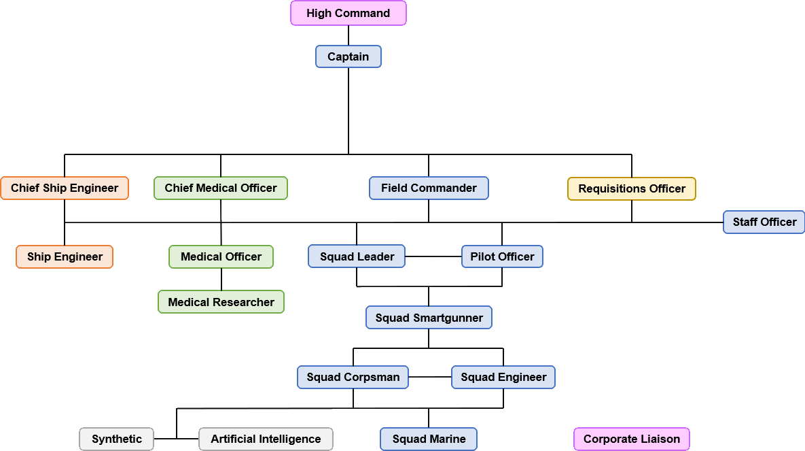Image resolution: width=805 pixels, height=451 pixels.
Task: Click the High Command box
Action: coord(348,13)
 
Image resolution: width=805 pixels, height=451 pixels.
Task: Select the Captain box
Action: coord(348,56)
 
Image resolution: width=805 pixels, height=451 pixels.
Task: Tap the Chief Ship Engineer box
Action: coord(65,188)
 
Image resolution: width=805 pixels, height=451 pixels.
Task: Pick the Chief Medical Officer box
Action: coord(221,188)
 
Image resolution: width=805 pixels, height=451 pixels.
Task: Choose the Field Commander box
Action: coord(429,188)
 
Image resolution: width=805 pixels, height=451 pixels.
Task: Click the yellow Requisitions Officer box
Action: coord(632,188)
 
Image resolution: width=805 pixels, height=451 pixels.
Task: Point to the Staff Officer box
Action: coord(764,222)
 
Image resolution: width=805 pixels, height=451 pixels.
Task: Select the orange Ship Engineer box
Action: coord(65,256)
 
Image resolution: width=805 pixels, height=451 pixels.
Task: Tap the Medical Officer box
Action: coord(221,256)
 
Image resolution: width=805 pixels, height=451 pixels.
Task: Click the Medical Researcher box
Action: coord(221,302)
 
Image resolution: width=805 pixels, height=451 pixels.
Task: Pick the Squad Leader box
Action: coord(357,256)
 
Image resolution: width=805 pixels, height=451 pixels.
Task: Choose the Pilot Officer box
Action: coord(502,256)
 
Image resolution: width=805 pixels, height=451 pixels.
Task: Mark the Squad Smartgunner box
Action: coord(429,318)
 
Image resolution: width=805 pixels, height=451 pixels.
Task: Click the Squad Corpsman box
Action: coord(353,377)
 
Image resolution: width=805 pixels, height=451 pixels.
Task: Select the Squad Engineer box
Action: coord(503,377)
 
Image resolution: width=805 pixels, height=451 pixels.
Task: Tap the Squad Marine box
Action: coord(429,439)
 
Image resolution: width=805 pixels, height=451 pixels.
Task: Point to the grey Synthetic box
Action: coord(117,439)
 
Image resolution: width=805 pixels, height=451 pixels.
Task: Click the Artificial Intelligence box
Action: coord(266,439)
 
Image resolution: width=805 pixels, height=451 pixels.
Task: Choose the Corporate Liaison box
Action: coord(632,439)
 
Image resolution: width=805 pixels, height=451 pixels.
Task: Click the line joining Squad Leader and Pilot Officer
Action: coord(433,256)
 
